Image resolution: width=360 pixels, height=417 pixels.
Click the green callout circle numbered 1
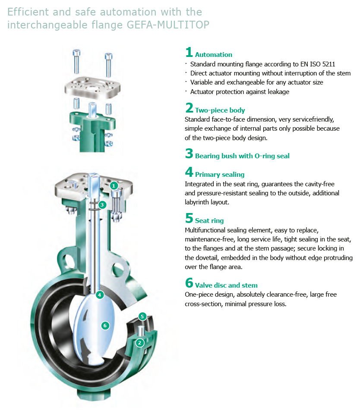pyautogui.click(x=114, y=185)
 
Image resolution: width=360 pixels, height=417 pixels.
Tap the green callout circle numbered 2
pyautogui.click(x=140, y=343)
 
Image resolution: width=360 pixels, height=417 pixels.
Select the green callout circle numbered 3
pyautogui.click(x=102, y=205)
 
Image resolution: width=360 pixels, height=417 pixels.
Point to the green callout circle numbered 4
pyautogui.click(x=100, y=295)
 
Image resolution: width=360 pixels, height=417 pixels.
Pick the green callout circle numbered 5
pyautogui.click(x=142, y=317)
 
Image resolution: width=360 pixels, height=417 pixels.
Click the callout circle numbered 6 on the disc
pyautogui.click(x=105, y=326)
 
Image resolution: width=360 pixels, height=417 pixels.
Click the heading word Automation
pyautogui.click(x=214, y=54)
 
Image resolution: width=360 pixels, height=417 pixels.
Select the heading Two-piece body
pyautogui.click(x=220, y=110)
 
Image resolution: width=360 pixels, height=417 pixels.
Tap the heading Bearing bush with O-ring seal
pyautogui.click(x=242, y=156)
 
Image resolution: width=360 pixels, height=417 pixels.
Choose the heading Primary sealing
pyautogui.click(x=220, y=175)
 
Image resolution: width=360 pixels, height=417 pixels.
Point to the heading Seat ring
pyautogui.click(x=209, y=220)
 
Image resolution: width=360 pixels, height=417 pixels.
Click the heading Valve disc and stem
pyautogui.click(x=226, y=285)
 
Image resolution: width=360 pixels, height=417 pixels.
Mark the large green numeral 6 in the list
pyautogui.click(x=189, y=283)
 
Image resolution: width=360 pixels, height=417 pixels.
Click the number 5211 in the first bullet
pyautogui.click(x=328, y=64)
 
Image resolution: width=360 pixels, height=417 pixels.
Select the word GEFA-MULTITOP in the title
pyautogui.click(x=168, y=25)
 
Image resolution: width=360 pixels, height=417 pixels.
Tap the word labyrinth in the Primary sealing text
pyautogui.click(x=196, y=202)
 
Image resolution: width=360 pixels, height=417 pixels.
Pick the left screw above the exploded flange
pyautogui.click(x=76, y=61)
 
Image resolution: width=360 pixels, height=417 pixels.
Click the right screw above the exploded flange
pyautogui.click(x=108, y=65)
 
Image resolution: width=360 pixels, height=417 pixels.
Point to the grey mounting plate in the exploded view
pyautogui.click(x=92, y=87)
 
